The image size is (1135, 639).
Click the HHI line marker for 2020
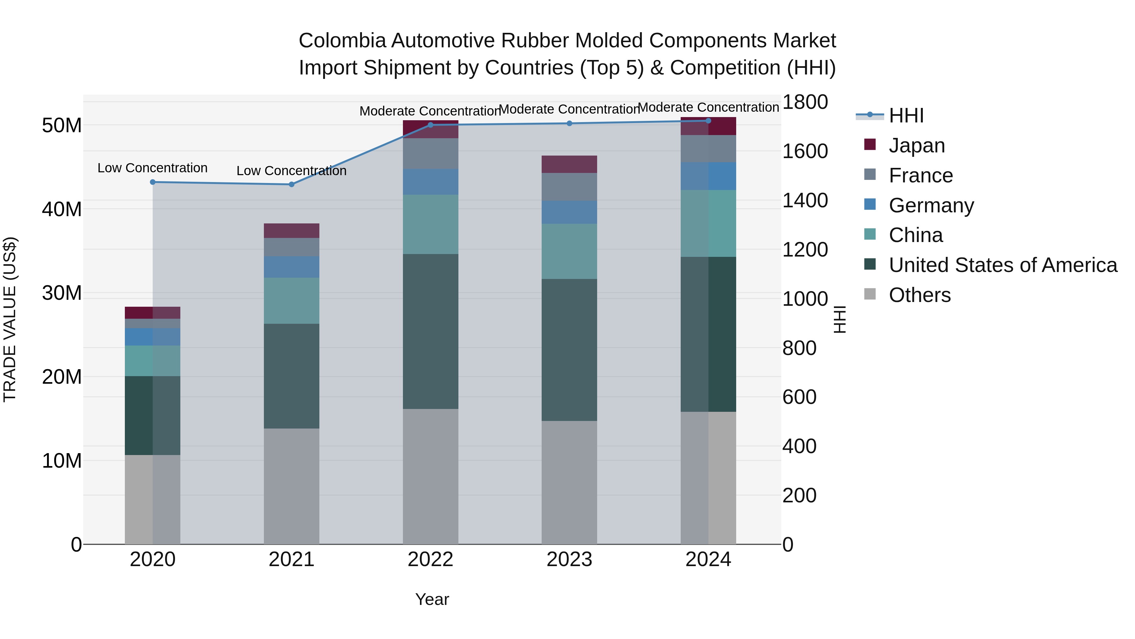[153, 182]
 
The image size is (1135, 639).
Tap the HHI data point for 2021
[291, 184]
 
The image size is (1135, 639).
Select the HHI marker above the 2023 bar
[569, 123]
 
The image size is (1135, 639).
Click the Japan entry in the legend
[917, 145]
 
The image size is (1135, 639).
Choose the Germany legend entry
[931, 205]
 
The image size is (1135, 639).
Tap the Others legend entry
[920, 295]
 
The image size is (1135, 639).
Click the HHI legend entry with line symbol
[906, 115]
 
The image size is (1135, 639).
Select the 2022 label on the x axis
[430, 559]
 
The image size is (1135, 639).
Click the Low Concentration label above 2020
[153, 168]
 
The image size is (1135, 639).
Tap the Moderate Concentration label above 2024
[708, 107]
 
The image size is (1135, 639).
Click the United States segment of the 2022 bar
[430, 331]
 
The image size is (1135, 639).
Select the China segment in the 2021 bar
[291, 300]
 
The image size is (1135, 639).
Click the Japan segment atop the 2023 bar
[569, 164]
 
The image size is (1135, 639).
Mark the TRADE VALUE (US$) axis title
[10, 319]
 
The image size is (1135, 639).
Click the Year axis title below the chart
[432, 599]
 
